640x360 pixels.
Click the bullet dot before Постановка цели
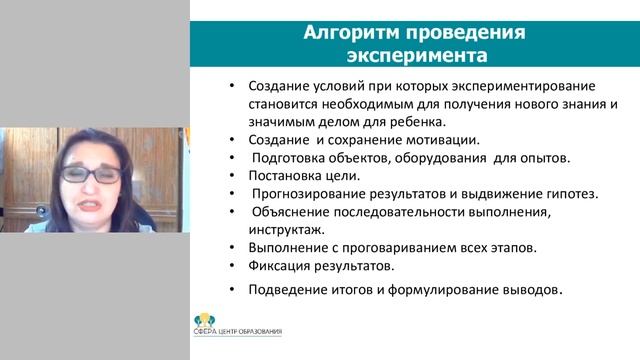coord(231,176)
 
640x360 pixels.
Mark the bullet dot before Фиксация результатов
coord(231,266)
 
